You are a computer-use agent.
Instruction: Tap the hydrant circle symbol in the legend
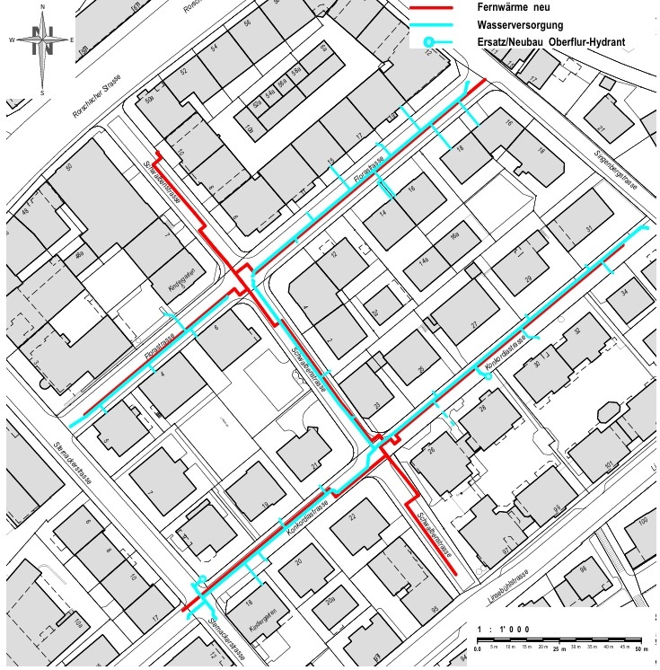[430, 41]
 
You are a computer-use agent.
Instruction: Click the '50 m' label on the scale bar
[638, 648]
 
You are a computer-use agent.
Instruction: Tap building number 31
[589, 230]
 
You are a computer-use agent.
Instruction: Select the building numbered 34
[623, 294]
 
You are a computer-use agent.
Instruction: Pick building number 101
[609, 464]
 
